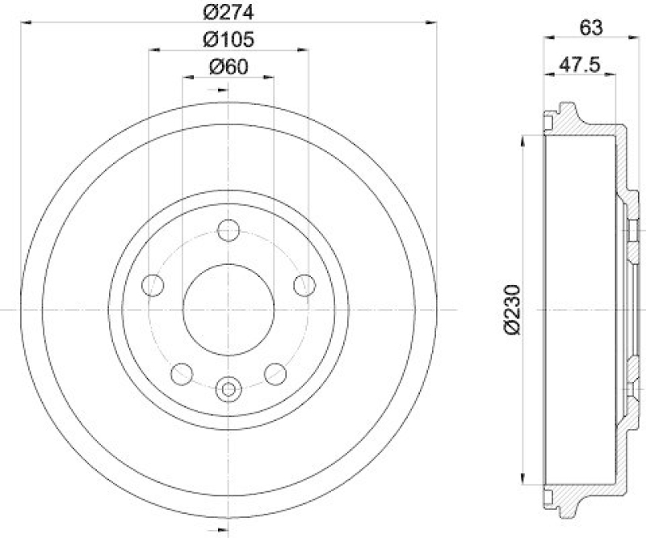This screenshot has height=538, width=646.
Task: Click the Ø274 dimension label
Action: click(x=229, y=11)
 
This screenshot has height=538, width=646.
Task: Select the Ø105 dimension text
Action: click(x=229, y=38)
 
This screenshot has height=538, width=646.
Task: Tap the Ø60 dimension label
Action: click(x=228, y=67)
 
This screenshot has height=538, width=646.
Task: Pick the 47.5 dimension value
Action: click(x=577, y=67)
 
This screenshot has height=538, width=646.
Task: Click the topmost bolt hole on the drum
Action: click(x=229, y=232)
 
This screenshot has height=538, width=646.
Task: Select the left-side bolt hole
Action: click(x=153, y=284)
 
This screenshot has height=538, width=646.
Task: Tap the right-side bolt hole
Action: click(x=304, y=284)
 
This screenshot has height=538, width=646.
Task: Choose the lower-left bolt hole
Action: click(x=182, y=373)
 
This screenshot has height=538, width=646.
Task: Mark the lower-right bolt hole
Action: click(x=275, y=373)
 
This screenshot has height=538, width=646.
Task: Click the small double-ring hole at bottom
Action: click(x=229, y=390)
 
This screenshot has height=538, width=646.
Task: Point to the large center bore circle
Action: click(x=229, y=309)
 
